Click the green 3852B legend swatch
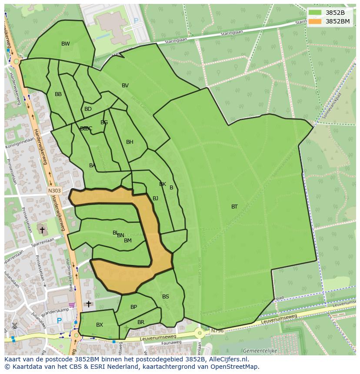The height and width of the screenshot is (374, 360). click(316, 13)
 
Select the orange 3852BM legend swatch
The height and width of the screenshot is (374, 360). click(316, 21)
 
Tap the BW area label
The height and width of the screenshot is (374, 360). click(65, 44)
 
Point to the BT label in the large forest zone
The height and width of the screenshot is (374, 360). click(234, 207)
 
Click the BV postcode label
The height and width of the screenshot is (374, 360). click(125, 86)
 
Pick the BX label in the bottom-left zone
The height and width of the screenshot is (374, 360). click(100, 325)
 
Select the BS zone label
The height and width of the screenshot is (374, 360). click(166, 297)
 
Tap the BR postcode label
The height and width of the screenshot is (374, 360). click(141, 322)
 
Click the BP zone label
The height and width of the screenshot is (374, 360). click(133, 307)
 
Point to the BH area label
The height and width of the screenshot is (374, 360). click(130, 142)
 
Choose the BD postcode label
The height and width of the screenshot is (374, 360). click(88, 109)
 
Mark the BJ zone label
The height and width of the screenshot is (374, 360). click(155, 199)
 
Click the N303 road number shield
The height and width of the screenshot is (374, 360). click(54, 190)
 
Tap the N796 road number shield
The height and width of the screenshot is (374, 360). click(217, 331)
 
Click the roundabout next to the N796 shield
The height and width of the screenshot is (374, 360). click(200, 334)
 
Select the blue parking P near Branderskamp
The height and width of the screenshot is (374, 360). click(59, 321)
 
